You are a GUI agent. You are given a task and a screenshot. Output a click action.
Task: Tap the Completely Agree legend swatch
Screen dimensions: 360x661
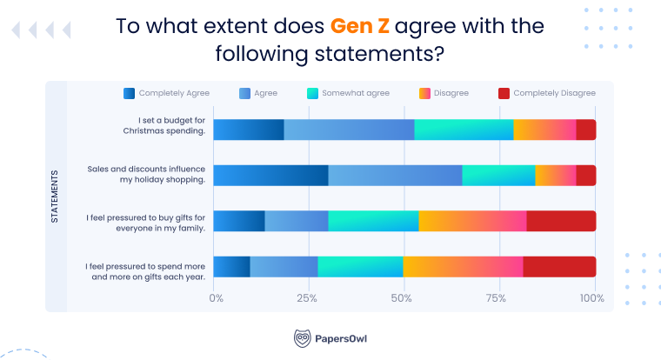tap(130, 93)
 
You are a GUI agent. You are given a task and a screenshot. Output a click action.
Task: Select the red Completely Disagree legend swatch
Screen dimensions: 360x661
tap(504, 93)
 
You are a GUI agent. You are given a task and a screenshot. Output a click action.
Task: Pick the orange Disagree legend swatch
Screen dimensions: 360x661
tap(424, 93)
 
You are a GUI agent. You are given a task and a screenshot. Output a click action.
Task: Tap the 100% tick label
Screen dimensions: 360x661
tap(592, 299)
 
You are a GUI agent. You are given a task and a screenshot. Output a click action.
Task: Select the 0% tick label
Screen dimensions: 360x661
tap(217, 299)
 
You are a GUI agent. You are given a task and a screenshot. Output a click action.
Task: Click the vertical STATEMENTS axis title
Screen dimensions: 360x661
tap(55, 197)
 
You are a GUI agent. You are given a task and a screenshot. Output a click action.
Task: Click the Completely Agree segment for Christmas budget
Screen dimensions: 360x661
tap(248, 130)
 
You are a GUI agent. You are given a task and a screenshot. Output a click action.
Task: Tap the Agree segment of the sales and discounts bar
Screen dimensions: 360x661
tap(395, 176)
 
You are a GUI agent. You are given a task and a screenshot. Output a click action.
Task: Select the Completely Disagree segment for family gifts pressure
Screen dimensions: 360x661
tap(561, 221)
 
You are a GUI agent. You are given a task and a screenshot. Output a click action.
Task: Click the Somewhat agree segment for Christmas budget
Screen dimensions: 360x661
tap(464, 130)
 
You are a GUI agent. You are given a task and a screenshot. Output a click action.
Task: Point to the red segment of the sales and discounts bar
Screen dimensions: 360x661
tap(585, 176)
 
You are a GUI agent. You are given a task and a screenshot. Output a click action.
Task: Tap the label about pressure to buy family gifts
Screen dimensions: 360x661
tap(146, 222)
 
